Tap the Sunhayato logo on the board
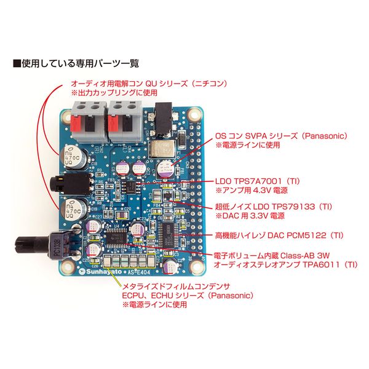coord(96,269)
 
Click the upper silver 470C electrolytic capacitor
coord(73,157)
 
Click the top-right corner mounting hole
coord(195,115)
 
